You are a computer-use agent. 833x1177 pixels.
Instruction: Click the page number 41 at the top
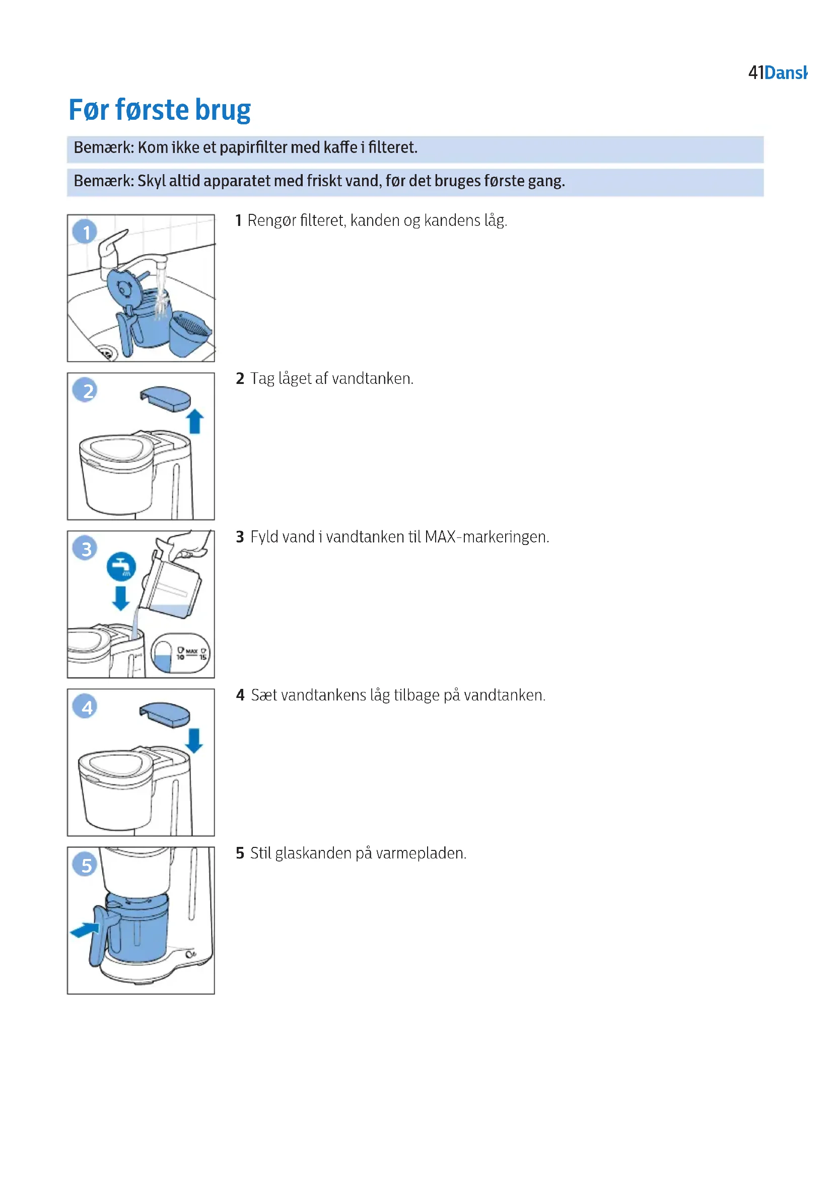(755, 73)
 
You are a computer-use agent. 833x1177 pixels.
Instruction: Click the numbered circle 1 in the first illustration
(85, 231)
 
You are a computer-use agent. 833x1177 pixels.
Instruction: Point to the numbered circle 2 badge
(86, 390)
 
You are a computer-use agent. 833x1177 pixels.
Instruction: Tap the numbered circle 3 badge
(86, 548)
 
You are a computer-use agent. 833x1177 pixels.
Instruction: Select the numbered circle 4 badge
(86, 707)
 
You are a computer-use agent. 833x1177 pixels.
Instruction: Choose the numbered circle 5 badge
(86, 865)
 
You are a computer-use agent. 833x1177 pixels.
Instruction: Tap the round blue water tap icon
(121, 567)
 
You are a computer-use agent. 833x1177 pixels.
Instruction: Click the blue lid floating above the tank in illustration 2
(165, 399)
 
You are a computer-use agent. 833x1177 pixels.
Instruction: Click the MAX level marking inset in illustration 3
(181, 653)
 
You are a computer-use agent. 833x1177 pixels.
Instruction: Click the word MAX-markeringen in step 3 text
(487, 537)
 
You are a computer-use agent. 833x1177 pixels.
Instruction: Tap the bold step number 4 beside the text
(240, 695)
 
